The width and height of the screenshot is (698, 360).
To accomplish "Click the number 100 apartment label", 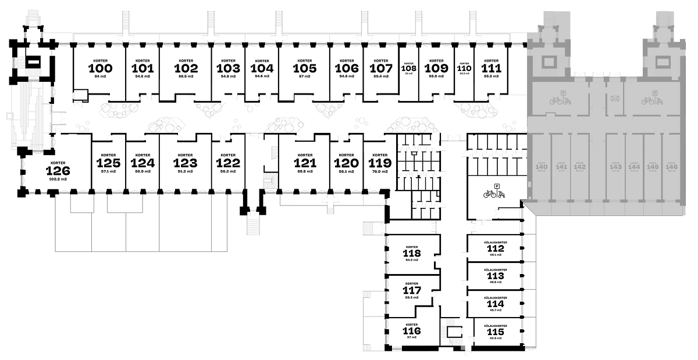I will click(100, 68).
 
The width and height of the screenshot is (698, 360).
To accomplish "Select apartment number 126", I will click(58, 171).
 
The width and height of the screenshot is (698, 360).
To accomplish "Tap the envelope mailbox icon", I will click(614, 98).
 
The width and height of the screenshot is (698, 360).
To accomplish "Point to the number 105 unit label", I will click(305, 68).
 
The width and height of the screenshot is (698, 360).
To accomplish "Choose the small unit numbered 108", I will click(408, 68).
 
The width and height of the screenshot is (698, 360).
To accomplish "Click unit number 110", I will click(464, 67).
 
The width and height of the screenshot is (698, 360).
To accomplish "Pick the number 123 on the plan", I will click(185, 163).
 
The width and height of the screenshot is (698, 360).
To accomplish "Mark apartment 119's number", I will click(380, 163).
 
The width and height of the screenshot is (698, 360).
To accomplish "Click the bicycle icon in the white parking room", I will click(489, 194).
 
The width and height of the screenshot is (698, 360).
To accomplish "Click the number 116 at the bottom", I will click(411, 330).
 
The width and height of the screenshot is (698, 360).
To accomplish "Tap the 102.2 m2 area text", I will click(58, 179).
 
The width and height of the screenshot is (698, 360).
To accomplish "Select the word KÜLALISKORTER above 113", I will click(496, 270).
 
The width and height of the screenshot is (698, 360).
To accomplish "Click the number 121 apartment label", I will click(305, 163).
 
